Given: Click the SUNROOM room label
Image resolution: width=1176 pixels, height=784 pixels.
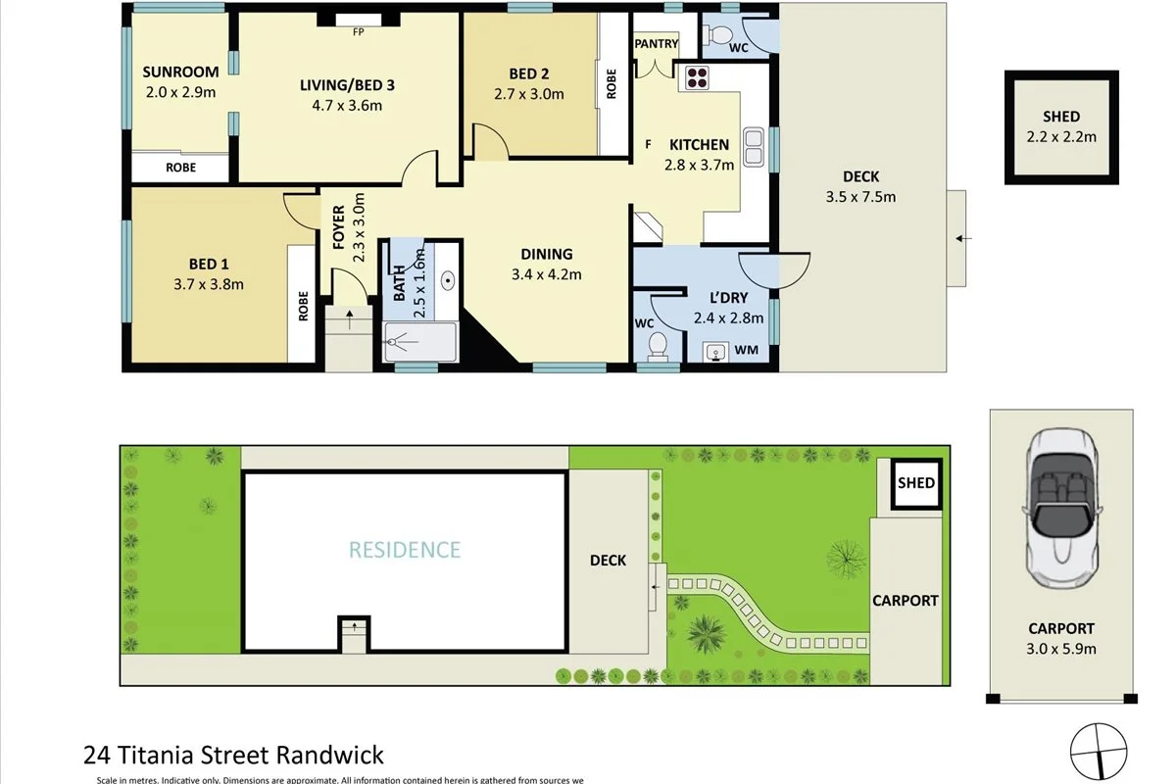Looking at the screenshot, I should [x=179, y=72].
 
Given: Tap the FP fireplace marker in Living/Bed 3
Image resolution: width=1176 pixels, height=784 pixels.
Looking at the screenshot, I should [x=358, y=30].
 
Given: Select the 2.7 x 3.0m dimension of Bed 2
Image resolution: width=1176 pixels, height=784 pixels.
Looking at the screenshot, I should [x=529, y=94].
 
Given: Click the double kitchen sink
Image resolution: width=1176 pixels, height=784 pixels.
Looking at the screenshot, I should [x=753, y=146].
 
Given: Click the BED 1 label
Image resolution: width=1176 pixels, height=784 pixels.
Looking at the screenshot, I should [x=209, y=263].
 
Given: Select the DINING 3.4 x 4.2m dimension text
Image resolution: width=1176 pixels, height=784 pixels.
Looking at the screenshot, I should [x=546, y=274].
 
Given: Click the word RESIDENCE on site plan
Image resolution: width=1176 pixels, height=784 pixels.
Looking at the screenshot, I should [x=404, y=550].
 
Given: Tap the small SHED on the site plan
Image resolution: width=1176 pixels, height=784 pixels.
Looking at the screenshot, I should [x=916, y=483].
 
